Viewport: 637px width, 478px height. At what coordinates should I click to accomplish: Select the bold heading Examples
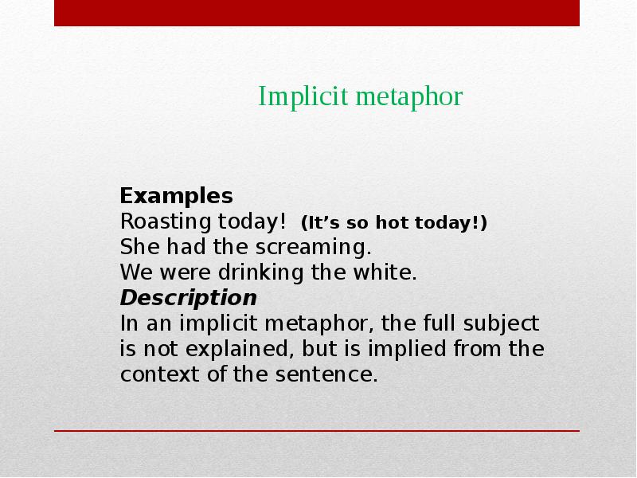tap(176, 196)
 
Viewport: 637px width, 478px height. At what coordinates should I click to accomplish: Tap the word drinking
tap(257, 272)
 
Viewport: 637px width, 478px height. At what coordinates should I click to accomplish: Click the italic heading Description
tap(188, 298)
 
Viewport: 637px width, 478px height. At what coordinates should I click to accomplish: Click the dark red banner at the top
tap(317, 13)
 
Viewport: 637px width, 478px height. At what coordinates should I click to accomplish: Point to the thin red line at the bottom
tap(317, 431)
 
